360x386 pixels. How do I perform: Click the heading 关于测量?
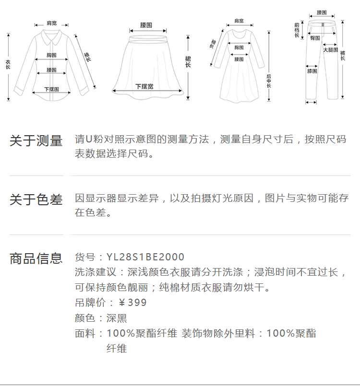click(x=36, y=141)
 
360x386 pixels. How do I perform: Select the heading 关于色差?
click(x=36, y=199)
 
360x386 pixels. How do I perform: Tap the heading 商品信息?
click(x=36, y=258)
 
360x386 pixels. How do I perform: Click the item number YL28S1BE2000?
click(x=145, y=257)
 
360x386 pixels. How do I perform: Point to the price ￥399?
click(x=132, y=303)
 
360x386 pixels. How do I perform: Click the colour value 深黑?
click(x=117, y=318)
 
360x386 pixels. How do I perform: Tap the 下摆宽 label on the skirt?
click(x=144, y=87)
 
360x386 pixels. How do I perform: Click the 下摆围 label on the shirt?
click(x=51, y=89)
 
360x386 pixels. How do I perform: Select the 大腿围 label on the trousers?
click(x=330, y=50)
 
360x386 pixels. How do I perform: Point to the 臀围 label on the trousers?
click(x=315, y=38)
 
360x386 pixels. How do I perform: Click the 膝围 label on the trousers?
click(x=312, y=71)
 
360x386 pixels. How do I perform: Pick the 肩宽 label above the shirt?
click(x=51, y=23)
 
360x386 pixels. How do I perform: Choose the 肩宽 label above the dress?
click(x=239, y=21)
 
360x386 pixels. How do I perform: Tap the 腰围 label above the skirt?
click(x=146, y=24)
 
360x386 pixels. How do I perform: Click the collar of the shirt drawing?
click(x=51, y=35)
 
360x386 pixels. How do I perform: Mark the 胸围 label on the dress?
click(x=239, y=47)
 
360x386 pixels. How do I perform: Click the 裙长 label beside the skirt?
click(x=188, y=61)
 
